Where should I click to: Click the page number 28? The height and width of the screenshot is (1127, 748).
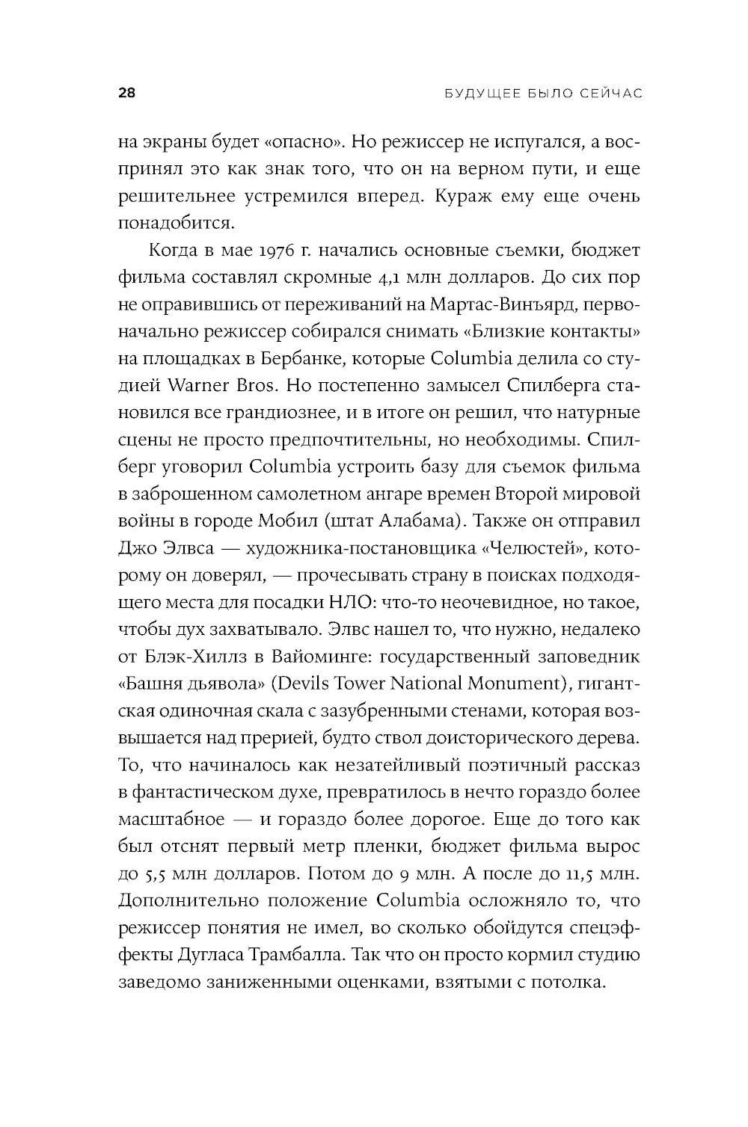(126, 93)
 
